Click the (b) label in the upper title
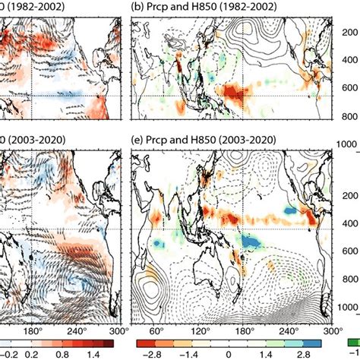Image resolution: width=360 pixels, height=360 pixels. click(x=139, y=6)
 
